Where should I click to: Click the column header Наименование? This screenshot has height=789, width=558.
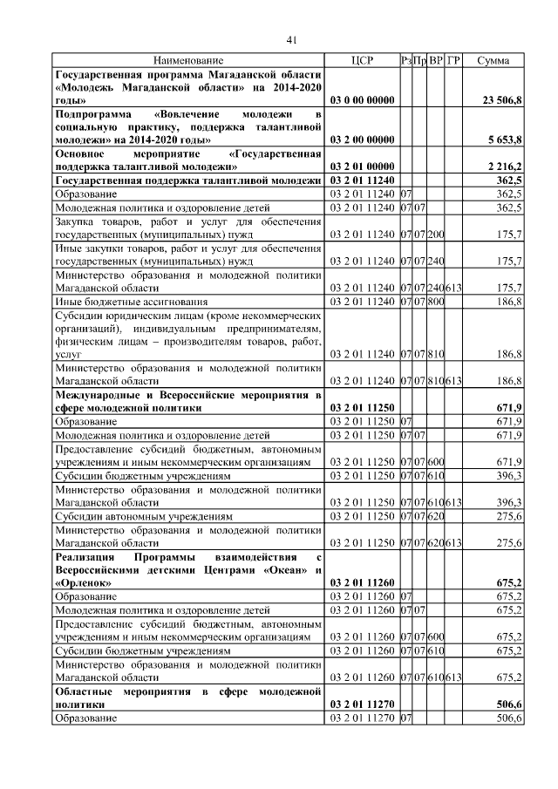pos(189,61)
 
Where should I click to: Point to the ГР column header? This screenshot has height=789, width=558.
pos(453,61)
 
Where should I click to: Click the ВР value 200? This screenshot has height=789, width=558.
pos(436,235)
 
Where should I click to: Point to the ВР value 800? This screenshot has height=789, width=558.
pos(436,301)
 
